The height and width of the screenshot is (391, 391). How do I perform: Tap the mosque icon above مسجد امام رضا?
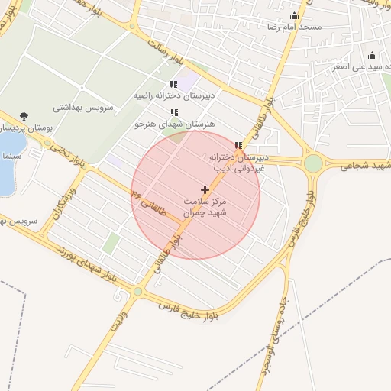pyautogui.click(x=294, y=15)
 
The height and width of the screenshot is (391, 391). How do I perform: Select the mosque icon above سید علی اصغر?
pyautogui.click(x=373, y=55)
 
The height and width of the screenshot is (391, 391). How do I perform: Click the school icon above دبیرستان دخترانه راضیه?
pyautogui.click(x=174, y=84)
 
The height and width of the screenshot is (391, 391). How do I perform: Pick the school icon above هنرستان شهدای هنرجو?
pyautogui.click(x=174, y=112)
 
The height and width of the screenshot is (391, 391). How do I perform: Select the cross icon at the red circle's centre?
pyautogui.click(x=205, y=189)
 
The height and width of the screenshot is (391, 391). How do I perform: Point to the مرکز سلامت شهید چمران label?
pyautogui.click(x=205, y=207)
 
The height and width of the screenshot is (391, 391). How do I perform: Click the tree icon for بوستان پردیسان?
pyautogui.click(x=24, y=117)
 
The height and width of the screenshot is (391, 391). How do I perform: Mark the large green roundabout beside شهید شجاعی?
pyautogui.click(x=313, y=163)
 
